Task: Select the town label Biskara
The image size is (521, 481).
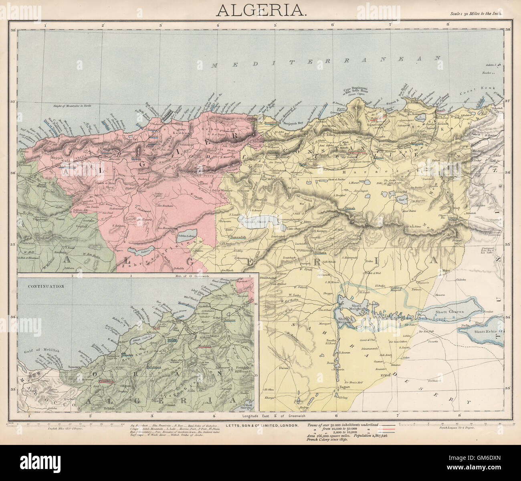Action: click(320, 253)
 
